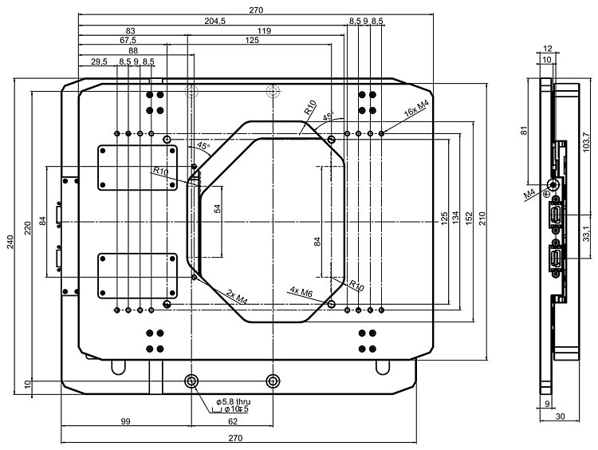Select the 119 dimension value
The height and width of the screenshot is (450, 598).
[x=263, y=30]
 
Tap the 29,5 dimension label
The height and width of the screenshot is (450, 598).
[x=100, y=61]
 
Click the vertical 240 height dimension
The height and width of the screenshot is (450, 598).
[x=10, y=244]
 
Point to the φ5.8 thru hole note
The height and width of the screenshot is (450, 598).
[x=232, y=401]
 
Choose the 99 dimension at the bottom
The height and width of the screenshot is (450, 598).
[x=125, y=420]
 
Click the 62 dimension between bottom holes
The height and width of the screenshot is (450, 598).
[x=232, y=420]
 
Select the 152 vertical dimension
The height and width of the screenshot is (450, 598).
[x=470, y=218]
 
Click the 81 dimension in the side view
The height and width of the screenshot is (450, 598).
[x=525, y=131]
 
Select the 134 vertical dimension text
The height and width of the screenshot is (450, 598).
[x=455, y=218]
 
